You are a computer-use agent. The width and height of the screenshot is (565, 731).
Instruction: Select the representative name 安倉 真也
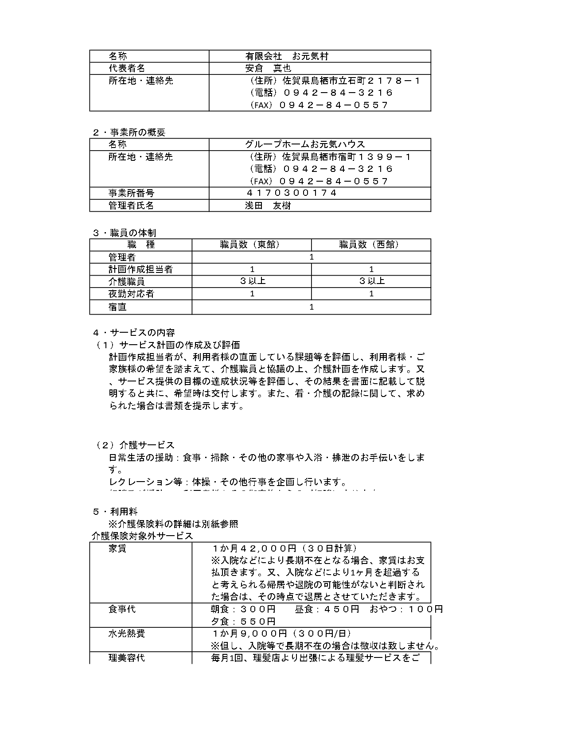(x=268, y=68)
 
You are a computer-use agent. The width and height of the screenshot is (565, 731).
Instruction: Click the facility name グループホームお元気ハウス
(x=305, y=144)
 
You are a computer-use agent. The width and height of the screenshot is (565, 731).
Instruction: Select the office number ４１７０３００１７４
(x=291, y=193)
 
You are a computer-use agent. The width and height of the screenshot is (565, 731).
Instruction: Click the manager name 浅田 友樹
(x=268, y=206)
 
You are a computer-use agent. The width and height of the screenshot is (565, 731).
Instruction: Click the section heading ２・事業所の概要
(x=129, y=132)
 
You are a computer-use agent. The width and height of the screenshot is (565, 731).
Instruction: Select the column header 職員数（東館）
(x=251, y=245)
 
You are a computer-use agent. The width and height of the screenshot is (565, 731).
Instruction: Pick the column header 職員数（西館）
(x=370, y=245)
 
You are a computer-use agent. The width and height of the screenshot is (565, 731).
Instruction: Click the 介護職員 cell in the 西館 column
(x=371, y=281)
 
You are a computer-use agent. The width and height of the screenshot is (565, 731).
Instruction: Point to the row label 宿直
(x=117, y=307)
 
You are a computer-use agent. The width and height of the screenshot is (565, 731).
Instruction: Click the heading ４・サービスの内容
(x=133, y=333)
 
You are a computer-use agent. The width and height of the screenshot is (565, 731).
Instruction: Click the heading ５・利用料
(x=115, y=512)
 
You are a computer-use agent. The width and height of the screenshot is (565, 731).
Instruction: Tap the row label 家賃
(x=117, y=548)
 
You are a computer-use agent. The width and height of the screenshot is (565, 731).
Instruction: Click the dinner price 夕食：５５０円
(x=243, y=621)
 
